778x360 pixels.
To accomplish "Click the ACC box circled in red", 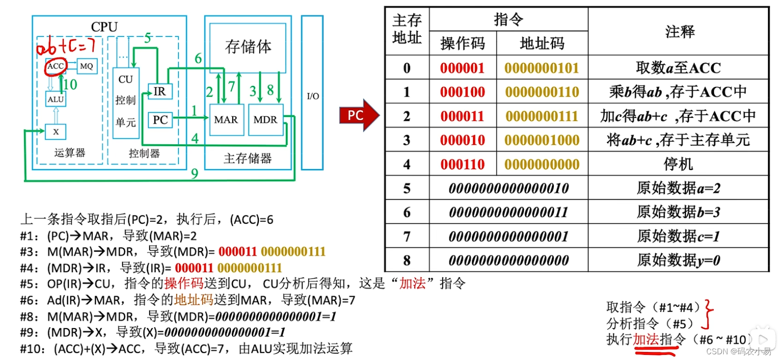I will click(x=56, y=66).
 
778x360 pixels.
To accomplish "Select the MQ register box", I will click(x=86, y=66).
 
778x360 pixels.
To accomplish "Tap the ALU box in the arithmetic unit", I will click(x=56, y=99).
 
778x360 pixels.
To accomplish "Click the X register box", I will click(x=56, y=132).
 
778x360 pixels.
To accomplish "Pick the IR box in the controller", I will click(x=160, y=91).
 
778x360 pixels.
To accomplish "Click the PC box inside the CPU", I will click(x=160, y=120).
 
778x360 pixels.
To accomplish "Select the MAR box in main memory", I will click(x=226, y=120).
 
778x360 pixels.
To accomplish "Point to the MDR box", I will click(x=265, y=120).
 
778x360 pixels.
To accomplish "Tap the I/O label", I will click(x=313, y=96).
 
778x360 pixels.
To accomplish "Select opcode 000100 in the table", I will click(x=462, y=92).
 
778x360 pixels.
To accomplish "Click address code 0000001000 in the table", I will click(x=542, y=141).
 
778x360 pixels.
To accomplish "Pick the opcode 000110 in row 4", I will click(x=462, y=165).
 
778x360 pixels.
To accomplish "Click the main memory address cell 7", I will click(x=407, y=237).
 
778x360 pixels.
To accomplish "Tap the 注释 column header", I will click(x=679, y=32).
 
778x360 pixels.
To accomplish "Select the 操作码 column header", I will click(x=463, y=44).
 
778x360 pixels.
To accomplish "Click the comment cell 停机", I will click(x=678, y=165).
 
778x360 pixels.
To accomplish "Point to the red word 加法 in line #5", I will click(x=412, y=284).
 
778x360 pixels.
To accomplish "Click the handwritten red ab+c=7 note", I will click(x=66, y=47).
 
